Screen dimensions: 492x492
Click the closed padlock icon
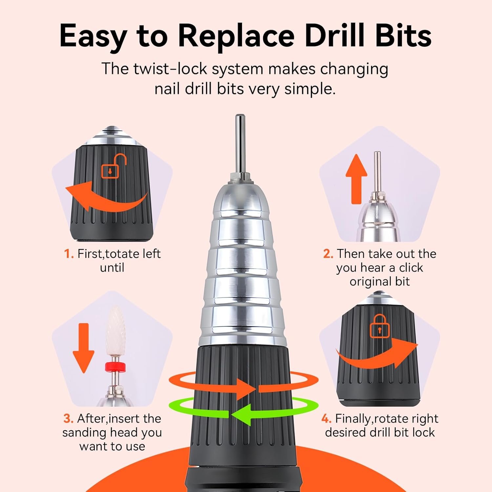379,326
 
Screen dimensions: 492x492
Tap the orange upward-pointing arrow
356,179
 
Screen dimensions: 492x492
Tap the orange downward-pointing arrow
84,348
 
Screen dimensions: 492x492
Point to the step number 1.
69,254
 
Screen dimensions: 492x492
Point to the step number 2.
328,254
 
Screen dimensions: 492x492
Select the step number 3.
68,419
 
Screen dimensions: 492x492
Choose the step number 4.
326,419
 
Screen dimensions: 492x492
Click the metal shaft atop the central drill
240,144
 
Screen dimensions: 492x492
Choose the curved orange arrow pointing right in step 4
377,356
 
